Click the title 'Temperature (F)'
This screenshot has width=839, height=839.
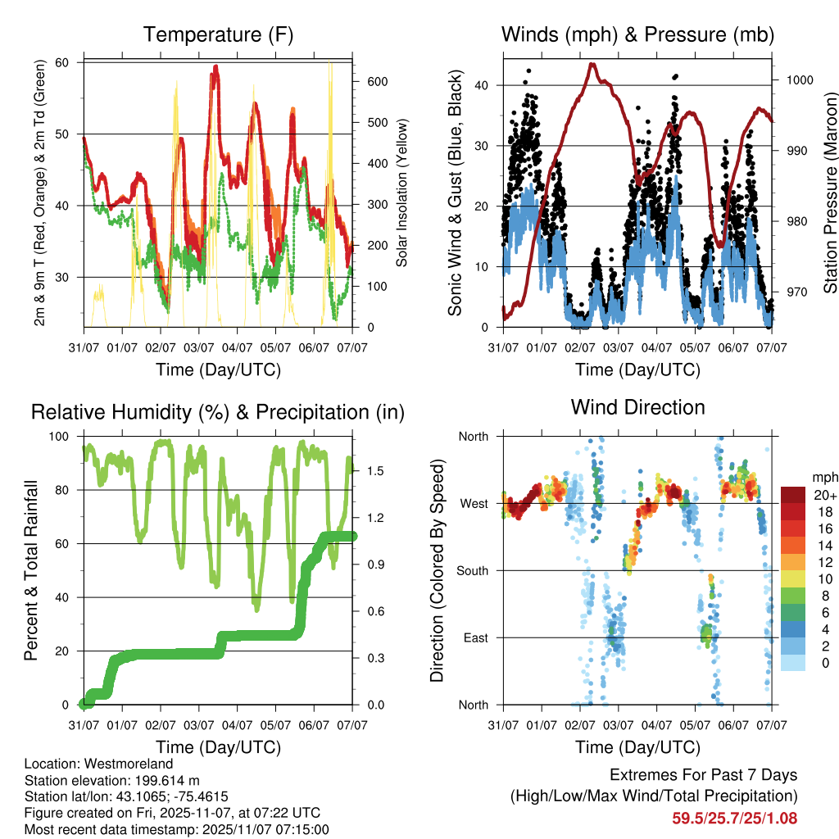click(218, 34)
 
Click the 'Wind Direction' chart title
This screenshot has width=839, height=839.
click(637, 406)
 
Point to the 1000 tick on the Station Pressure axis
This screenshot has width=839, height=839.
click(799, 80)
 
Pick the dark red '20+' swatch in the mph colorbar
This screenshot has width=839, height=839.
click(792, 495)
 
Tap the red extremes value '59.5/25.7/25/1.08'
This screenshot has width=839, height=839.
click(734, 818)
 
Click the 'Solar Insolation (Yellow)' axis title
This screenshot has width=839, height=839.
click(401, 193)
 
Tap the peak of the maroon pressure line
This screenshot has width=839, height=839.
click(592, 64)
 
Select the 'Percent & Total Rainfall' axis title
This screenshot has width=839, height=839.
click(30, 570)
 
